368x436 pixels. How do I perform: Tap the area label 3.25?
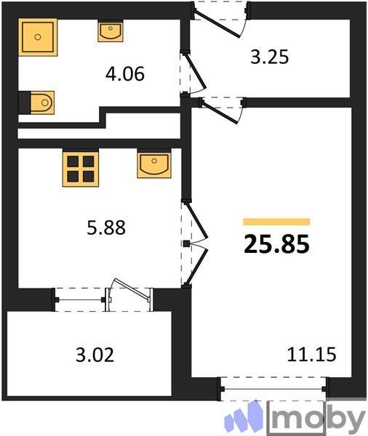pos(270,57)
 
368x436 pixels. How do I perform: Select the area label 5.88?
pos(106,228)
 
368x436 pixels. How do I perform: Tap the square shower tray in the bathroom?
pos(37,37)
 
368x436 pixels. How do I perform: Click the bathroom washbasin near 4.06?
pos(111,31)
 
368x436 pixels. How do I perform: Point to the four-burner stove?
pos(80,169)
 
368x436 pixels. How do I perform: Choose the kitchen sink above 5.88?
pos(153,165)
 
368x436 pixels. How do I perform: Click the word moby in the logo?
pos(319,419)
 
